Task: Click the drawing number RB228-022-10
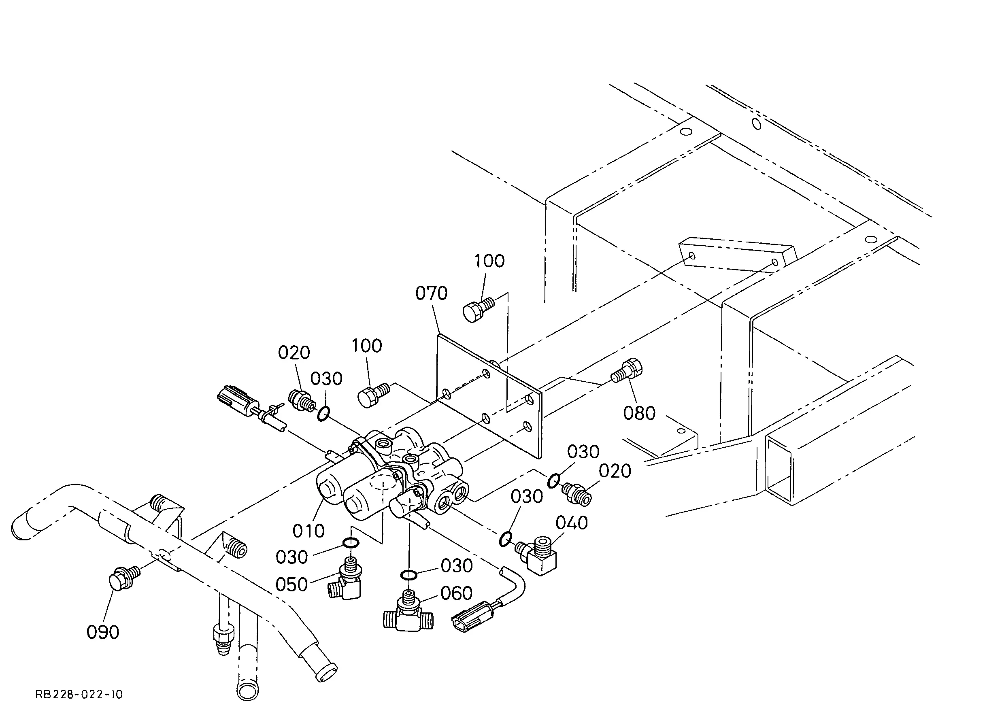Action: click(x=79, y=694)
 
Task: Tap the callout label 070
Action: click(x=432, y=293)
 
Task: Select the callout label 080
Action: click(x=639, y=413)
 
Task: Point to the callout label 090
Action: click(x=103, y=632)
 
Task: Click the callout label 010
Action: click(x=309, y=531)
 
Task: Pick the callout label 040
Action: click(x=572, y=523)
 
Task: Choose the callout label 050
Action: click(x=291, y=584)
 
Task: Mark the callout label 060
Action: click(x=457, y=593)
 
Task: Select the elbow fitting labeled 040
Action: click(x=536, y=556)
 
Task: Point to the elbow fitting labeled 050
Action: click(x=346, y=579)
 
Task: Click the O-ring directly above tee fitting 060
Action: click(x=409, y=574)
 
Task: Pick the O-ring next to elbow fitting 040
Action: click(x=506, y=539)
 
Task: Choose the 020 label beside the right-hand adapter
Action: click(x=615, y=471)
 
